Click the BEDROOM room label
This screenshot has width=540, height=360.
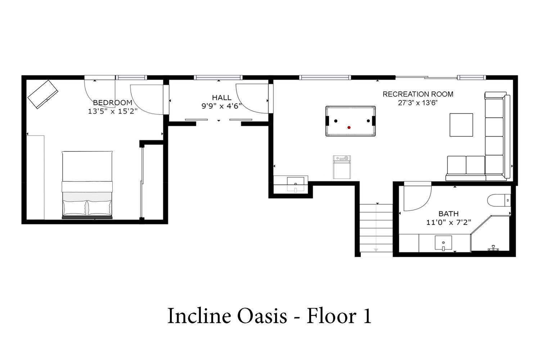click(x=113, y=103)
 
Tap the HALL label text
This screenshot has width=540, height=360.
click(x=221, y=98)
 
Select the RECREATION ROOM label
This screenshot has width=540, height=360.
click(x=418, y=94)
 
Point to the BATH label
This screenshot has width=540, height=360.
click(x=449, y=213)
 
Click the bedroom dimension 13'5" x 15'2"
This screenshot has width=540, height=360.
click(x=113, y=111)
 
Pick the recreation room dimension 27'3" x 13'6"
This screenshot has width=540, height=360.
click(x=418, y=103)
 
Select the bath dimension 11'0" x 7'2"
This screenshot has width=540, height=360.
click(x=449, y=222)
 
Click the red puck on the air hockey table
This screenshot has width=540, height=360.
click(x=349, y=127)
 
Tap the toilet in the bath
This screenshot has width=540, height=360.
click(x=499, y=201)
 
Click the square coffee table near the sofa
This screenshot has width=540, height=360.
click(x=461, y=125)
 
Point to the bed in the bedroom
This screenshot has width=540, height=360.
click(x=87, y=185)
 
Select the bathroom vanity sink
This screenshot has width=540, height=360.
click(x=443, y=243)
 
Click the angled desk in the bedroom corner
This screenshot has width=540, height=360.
click(x=43, y=94)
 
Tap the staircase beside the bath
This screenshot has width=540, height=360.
click(x=376, y=228)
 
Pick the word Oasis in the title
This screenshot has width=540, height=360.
click(x=262, y=316)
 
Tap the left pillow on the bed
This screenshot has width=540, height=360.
click(x=75, y=207)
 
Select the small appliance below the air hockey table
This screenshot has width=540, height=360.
click(x=342, y=167)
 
